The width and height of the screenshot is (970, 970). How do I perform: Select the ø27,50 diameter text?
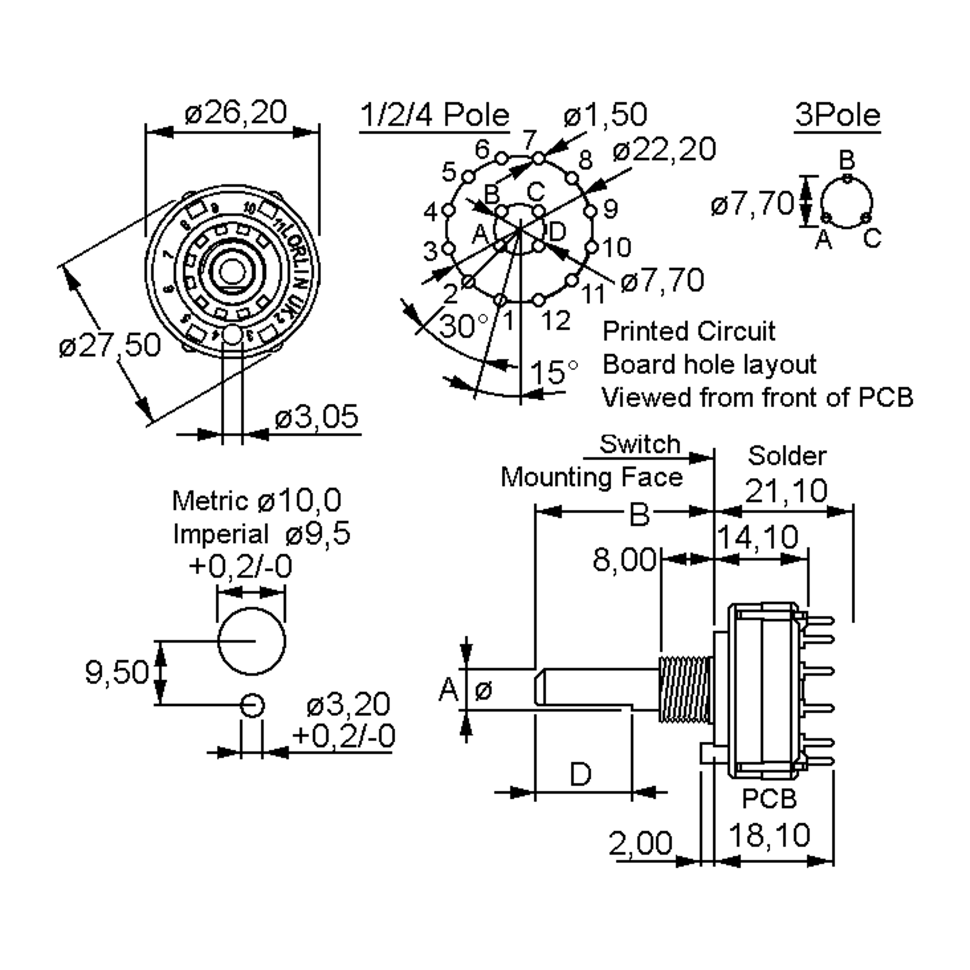[x=110, y=346]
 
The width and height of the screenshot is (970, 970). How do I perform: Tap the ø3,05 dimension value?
[x=317, y=416]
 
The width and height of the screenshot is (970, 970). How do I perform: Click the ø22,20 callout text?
[x=664, y=149]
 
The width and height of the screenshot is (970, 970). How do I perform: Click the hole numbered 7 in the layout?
[x=538, y=159]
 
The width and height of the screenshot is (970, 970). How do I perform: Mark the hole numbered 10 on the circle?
[x=593, y=247]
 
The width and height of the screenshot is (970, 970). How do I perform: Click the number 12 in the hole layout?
[x=556, y=321]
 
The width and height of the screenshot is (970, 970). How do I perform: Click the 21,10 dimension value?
[x=786, y=491]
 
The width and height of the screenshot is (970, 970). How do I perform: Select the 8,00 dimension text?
[x=624, y=559]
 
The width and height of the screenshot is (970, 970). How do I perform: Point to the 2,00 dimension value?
[x=640, y=843]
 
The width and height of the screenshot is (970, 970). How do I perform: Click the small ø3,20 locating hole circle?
[x=251, y=705]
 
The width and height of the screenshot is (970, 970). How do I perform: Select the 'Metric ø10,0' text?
[x=257, y=501]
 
